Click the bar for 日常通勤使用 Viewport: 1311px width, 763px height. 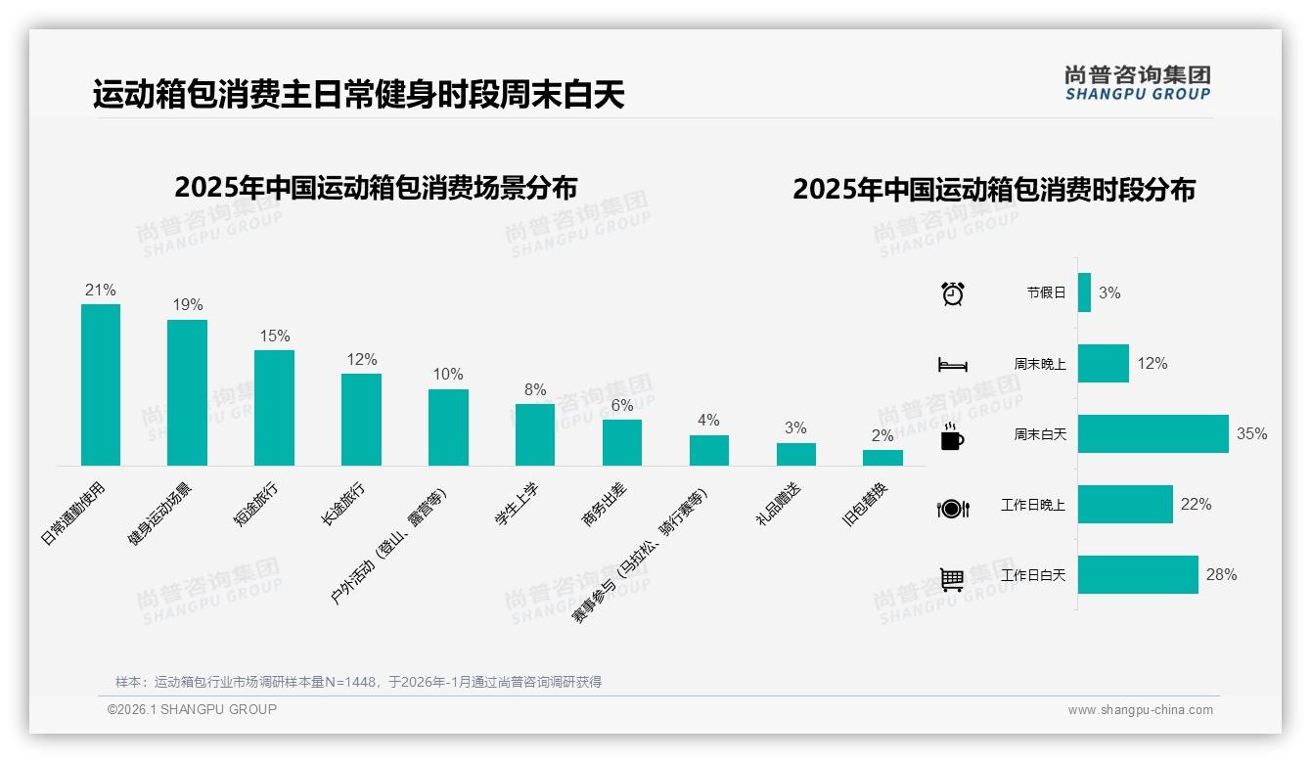click(101, 384)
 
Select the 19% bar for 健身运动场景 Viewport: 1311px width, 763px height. click(187, 392)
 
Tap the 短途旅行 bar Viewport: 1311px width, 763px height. click(274, 408)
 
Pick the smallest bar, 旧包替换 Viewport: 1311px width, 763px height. click(882, 458)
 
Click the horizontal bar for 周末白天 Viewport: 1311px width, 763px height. click(1153, 434)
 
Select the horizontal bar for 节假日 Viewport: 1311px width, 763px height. click(1084, 292)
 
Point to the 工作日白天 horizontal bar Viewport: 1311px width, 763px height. click(1138, 575)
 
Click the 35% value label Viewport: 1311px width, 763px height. click(1251, 434)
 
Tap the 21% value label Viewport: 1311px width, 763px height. click(101, 290)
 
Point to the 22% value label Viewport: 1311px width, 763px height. click(1196, 505)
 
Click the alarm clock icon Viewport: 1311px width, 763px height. click(952, 293)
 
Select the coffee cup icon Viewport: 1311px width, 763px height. click(952, 437)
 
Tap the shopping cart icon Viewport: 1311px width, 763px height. click(952, 579)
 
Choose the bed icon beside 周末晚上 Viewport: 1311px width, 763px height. click(952, 365)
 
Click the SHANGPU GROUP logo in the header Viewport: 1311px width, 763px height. click(1137, 83)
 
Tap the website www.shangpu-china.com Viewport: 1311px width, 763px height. click(1140, 710)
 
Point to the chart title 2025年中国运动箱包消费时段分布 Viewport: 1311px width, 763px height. click(993, 190)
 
